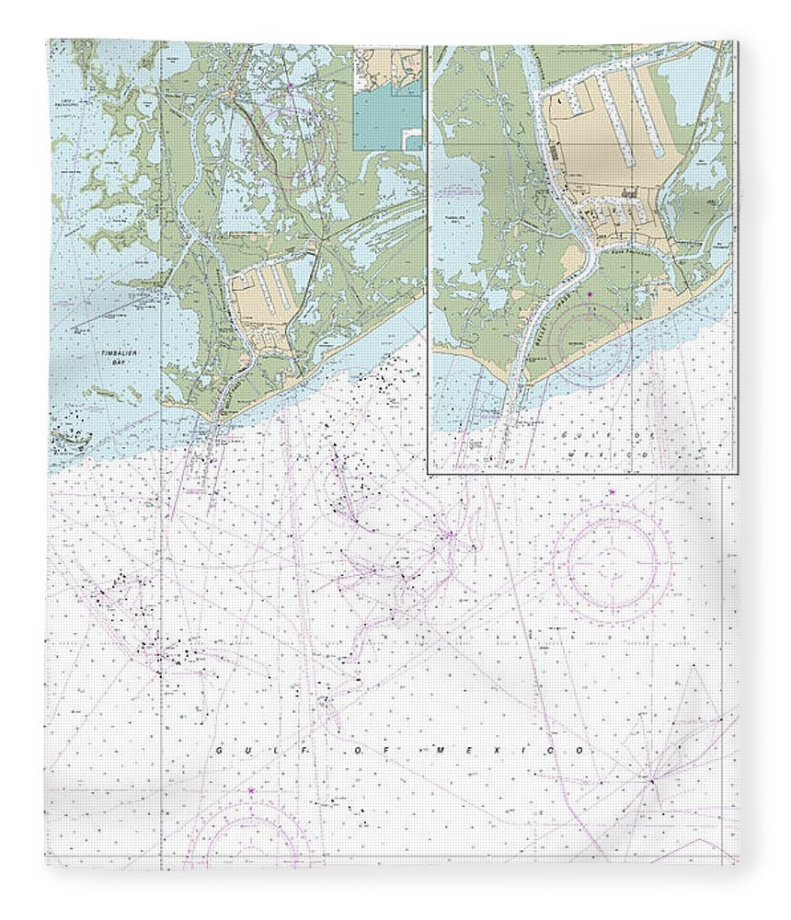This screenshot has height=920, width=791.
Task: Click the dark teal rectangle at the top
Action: (389, 118)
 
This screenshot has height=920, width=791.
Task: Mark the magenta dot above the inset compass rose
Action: (590, 294)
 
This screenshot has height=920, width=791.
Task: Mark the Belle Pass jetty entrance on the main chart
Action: (213, 425)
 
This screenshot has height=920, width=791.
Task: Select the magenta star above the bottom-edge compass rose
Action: (250, 789)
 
